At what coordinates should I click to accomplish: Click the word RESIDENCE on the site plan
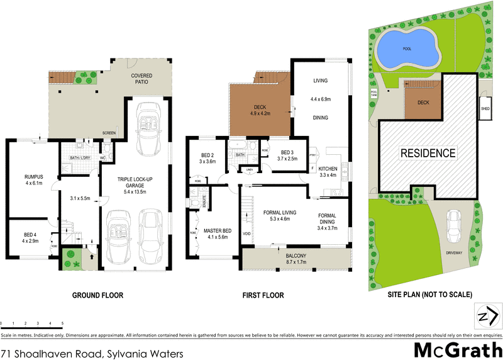coord(428,153)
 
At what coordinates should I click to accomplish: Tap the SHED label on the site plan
coord(485,108)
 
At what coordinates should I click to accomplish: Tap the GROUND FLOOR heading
coord(97,295)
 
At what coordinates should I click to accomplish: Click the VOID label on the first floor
coord(246,233)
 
